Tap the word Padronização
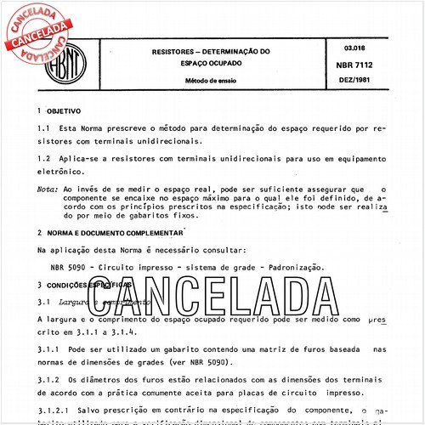(x=293, y=267)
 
